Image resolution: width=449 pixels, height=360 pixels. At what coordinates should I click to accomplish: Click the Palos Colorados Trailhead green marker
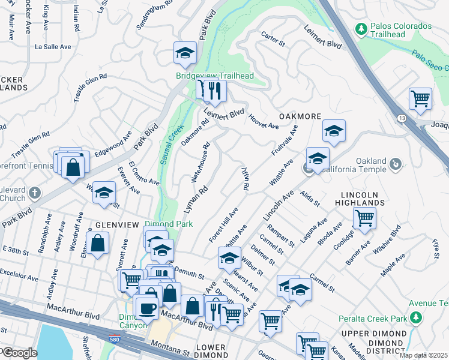click(x=361, y=28)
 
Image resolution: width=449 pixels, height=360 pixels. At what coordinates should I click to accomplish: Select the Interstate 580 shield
click(x=114, y=340)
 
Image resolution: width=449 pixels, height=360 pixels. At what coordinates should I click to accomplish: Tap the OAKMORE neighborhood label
click(x=300, y=116)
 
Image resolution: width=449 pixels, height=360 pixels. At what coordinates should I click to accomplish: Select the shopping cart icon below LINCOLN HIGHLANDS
click(x=364, y=220)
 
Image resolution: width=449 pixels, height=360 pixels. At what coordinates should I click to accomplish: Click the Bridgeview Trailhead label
click(x=214, y=76)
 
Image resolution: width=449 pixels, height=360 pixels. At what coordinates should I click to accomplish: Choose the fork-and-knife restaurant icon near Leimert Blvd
click(x=215, y=91)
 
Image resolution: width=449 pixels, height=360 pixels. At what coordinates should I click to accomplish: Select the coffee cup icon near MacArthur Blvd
click(x=146, y=308)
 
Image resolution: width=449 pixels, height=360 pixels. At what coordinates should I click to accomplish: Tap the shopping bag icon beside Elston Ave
click(x=97, y=245)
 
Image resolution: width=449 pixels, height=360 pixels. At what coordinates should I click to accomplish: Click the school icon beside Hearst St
click(x=229, y=259)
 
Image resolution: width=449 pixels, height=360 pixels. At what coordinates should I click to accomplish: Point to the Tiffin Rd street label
click(x=245, y=178)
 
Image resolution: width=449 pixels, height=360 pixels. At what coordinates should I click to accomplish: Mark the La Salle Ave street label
click(x=53, y=46)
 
